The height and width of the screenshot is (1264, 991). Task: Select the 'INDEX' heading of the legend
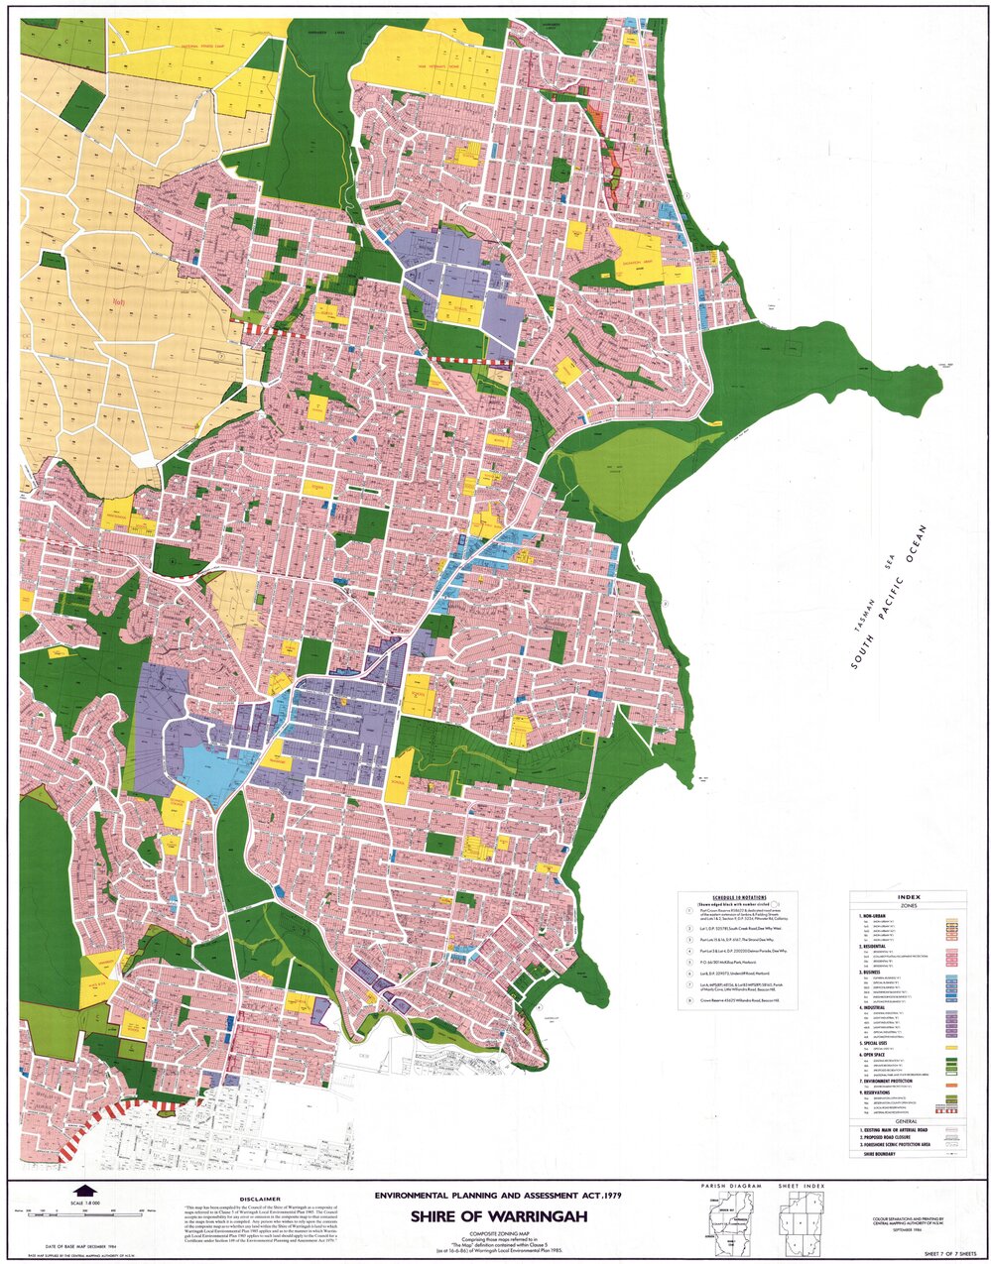[x=908, y=895]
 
